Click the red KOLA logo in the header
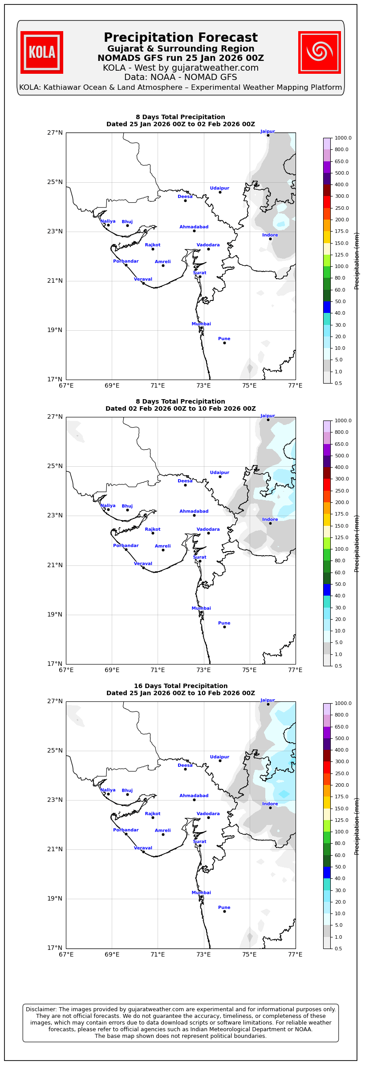point(42,52)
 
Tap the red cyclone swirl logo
point(319,52)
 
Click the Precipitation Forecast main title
point(180,38)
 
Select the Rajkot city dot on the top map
point(153,249)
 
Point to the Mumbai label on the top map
point(201,324)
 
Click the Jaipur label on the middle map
point(268,416)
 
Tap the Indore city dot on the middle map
point(270,523)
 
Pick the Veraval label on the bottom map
point(143,848)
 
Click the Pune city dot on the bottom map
point(224,911)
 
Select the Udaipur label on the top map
point(219,188)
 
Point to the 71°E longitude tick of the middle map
point(158,670)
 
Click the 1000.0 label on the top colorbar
point(343,138)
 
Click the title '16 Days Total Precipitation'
point(180,686)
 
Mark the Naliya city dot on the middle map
point(108,509)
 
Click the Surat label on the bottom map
point(199,842)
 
